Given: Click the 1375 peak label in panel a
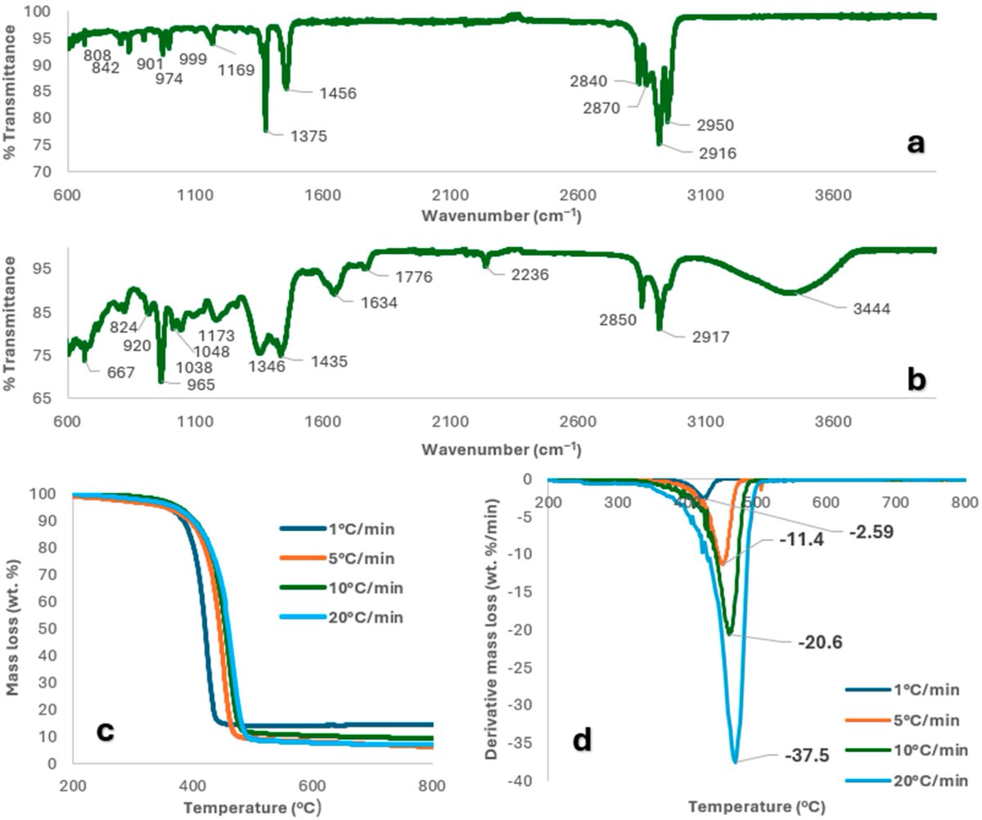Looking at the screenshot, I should click(307, 137).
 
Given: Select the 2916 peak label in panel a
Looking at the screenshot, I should click(718, 153).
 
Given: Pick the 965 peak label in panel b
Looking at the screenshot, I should click(196, 385).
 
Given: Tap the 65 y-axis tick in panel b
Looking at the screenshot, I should click(46, 399).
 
